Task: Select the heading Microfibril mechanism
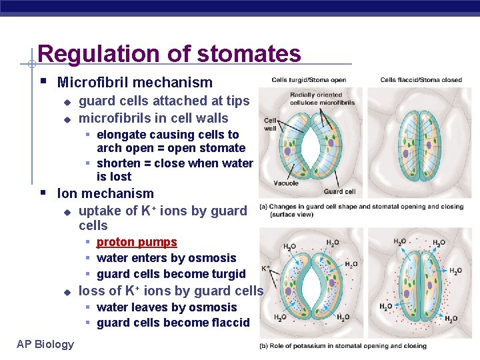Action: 135,83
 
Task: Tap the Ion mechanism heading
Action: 105,193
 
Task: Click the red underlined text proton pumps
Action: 137,242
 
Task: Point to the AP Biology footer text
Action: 45,344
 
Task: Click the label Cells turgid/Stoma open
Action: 308,80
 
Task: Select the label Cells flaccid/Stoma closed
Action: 421,80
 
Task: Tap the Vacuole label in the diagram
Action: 286,183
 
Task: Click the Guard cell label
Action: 340,191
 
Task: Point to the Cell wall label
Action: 270,125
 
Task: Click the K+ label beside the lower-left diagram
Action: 266,269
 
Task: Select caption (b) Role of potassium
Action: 343,346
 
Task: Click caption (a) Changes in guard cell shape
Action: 361,210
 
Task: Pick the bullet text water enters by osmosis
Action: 166,258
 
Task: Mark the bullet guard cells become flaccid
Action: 173,323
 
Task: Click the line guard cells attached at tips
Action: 164,101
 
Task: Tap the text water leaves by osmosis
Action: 167,307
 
